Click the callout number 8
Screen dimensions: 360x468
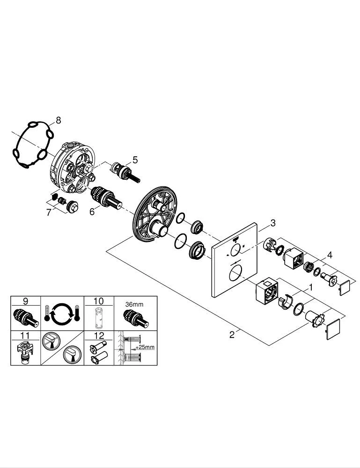[58, 120]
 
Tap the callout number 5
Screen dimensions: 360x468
[135, 160]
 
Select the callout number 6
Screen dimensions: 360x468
[92, 212]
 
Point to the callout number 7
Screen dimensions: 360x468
[49, 212]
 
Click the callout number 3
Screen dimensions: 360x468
[273, 223]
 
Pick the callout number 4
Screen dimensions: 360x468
[330, 255]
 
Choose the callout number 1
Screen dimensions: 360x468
[310, 288]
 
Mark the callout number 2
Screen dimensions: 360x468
[232, 335]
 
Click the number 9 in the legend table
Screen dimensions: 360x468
[25, 301]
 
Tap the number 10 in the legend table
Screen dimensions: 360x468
[98, 301]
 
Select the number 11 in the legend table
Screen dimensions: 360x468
[25, 336]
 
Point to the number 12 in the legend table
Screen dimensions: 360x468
[99, 336]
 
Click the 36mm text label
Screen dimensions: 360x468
[134, 305]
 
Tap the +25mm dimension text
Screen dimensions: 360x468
[145, 347]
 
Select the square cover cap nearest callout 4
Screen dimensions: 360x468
[345, 288]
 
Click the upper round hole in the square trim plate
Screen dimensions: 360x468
[236, 249]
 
